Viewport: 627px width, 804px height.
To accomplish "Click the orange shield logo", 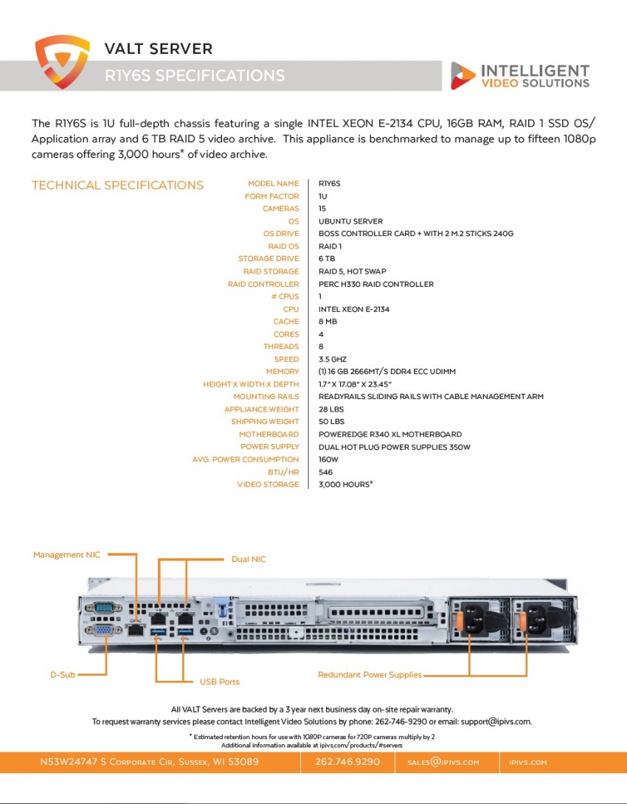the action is (x=62, y=61).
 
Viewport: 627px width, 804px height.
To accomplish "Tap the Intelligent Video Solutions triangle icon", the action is (x=463, y=75).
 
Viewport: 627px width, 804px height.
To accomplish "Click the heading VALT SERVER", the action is (x=159, y=49).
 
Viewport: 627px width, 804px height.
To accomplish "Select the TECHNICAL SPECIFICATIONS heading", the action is (x=117, y=185).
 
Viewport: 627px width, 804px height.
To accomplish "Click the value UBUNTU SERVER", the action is (x=350, y=221).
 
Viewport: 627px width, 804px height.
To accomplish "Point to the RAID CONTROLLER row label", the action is (x=263, y=284).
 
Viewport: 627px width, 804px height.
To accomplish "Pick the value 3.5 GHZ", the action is (x=332, y=359).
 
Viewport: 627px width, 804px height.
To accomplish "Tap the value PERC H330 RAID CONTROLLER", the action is (x=375, y=284).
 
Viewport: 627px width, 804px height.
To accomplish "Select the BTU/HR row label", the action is (x=283, y=472).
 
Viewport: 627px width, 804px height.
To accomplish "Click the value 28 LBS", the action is (x=331, y=409).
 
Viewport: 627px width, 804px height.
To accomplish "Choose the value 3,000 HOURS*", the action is (x=345, y=484).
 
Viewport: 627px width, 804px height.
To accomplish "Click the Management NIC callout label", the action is (x=66, y=555).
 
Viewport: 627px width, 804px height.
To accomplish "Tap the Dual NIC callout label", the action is (x=249, y=559).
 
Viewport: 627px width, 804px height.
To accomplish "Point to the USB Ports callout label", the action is (x=219, y=682).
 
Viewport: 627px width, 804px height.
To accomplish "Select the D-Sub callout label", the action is (x=63, y=675).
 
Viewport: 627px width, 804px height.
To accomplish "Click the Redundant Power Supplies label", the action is (x=370, y=675).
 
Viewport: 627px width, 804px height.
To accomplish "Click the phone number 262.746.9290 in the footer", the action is (x=347, y=761).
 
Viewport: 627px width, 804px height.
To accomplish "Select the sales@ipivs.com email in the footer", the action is (x=443, y=762).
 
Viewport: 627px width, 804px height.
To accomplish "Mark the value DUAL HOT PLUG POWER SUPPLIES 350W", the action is (x=394, y=447).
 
